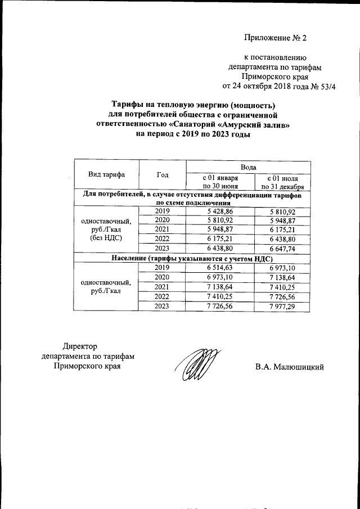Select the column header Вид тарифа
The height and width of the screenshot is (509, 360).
106,174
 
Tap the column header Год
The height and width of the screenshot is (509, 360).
163,174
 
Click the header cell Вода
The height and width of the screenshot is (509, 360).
249,167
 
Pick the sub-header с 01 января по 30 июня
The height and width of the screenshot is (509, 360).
220,182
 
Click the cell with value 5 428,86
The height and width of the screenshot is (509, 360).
220,211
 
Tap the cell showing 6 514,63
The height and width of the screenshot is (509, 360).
220,268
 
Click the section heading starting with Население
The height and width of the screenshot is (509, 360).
192,258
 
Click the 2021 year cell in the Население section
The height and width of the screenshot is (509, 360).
163,287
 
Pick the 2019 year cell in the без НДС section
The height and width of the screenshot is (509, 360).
163,211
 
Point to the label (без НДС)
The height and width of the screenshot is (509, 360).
106,239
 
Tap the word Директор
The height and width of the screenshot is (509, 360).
80,346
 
